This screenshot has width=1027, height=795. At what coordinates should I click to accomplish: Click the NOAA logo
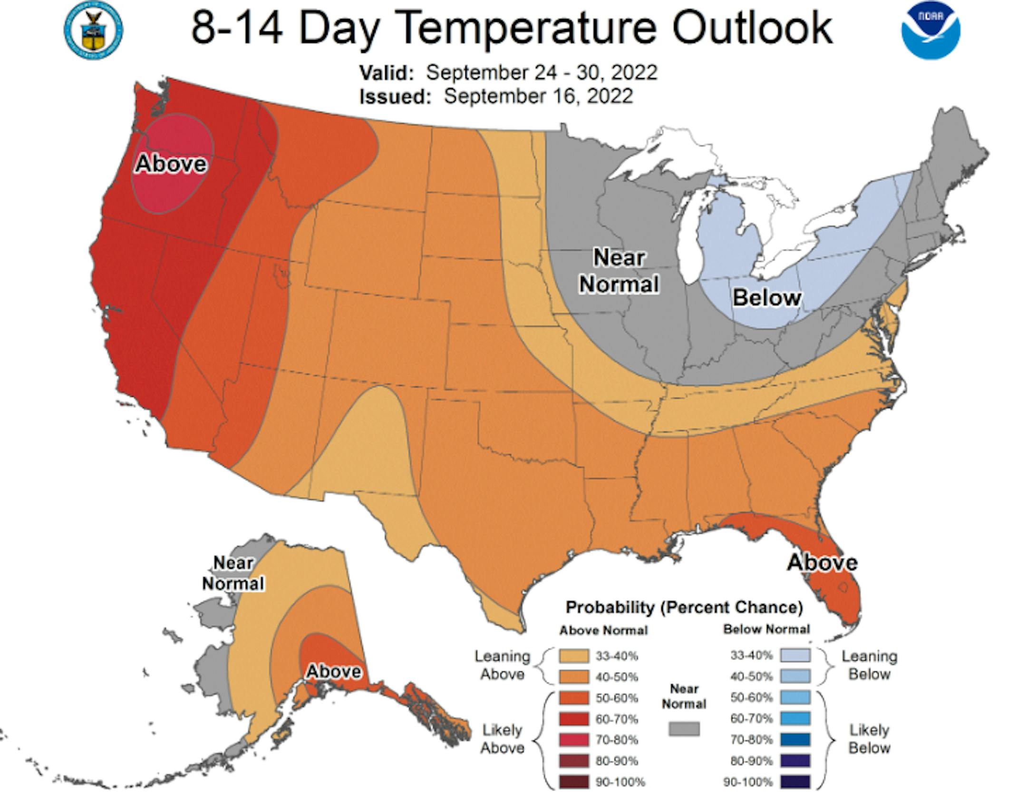click(930, 31)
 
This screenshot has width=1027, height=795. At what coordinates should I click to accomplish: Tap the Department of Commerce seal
click(93, 31)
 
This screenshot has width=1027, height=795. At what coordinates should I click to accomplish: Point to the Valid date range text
click(541, 73)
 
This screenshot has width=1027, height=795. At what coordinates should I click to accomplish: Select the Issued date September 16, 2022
click(538, 96)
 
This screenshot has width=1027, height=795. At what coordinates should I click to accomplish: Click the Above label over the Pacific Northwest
click(171, 164)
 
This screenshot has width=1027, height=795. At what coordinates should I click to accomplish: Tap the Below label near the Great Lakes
click(766, 298)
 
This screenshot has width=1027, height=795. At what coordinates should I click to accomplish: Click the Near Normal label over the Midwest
click(619, 271)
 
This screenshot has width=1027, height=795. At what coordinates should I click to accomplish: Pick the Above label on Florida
click(822, 562)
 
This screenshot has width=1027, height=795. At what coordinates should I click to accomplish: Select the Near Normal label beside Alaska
click(233, 573)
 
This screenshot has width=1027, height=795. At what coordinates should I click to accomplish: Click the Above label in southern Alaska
click(334, 671)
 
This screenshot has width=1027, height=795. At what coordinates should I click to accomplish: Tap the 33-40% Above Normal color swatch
click(574, 656)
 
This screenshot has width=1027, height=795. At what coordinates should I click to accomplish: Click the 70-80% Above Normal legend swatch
click(574, 740)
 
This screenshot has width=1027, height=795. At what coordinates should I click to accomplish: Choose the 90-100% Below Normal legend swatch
click(795, 782)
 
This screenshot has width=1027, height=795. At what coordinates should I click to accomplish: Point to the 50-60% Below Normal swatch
click(795, 697)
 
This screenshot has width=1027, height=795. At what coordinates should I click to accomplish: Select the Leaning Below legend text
click(869, 665)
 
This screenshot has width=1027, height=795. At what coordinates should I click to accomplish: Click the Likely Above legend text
click(502, 739)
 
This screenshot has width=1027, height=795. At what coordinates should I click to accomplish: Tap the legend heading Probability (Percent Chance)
click(684, 608)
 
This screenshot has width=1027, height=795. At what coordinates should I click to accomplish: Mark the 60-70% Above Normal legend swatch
click(574, 719)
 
